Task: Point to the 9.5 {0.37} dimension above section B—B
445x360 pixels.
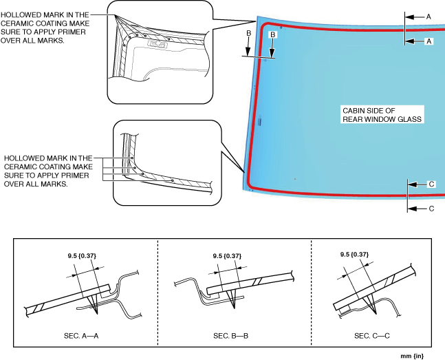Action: (x=228, y=256)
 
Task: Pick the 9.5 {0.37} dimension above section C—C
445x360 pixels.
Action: (x=354, y=253)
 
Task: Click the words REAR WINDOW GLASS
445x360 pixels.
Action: (x=381, y=118)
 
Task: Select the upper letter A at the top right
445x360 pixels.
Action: (x=428, y=15)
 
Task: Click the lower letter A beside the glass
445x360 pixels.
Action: (x=428, y=41)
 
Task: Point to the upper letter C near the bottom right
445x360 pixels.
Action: (x=431, y=184)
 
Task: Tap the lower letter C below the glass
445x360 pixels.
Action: (x=431, y=208)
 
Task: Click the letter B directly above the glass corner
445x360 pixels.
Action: (x=272, y=34)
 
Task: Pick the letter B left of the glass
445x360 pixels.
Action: (x=248, y=32)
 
